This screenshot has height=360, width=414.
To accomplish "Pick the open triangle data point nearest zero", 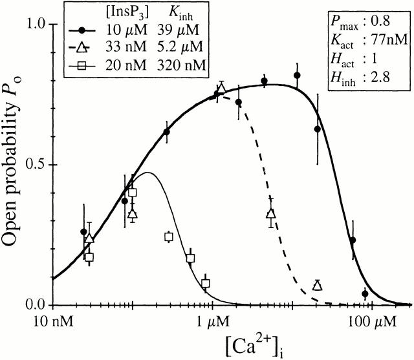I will pyautogui.click(x=318, y=286).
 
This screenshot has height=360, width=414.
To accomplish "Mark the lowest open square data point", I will pyautogui.click(x=206, y=284).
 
